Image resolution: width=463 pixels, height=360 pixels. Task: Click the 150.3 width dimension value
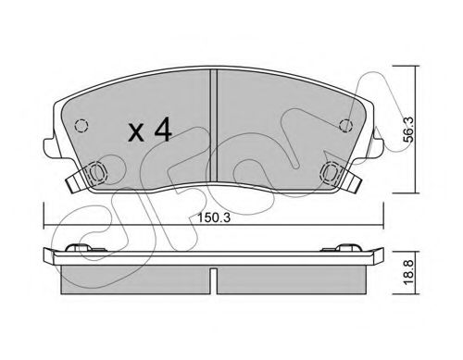click(214, 217)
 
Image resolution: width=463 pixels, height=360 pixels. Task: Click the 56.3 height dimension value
click(409, 130)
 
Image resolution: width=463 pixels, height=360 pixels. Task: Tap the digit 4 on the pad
click(163, 130)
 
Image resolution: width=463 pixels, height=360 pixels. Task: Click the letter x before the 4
click(136, 132)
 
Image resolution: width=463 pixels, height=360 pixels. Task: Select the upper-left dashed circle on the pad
click(81, 126)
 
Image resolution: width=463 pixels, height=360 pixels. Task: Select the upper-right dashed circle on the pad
click(345, 126)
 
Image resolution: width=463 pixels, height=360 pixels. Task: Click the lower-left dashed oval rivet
click(97, 172)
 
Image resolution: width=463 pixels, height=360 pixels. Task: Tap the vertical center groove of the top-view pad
click(214, 127)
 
